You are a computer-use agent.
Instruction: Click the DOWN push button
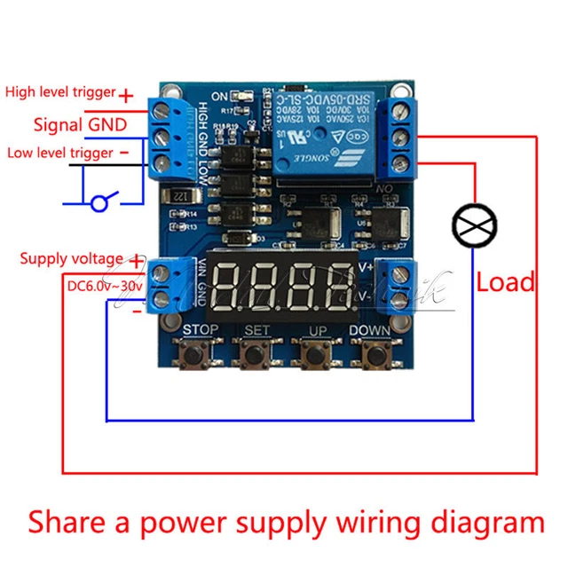click(x=371, y=354)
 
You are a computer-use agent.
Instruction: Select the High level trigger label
click(x=60, y=91)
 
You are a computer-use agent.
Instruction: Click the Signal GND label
click(x=80, y=123)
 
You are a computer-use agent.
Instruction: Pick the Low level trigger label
click(x=60, y=153)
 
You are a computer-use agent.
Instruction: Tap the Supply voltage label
click(x=72, y=258)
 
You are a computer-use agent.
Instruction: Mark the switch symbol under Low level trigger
click(x=100, y=203)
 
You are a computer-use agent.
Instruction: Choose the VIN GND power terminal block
click(x=170, y=284)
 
